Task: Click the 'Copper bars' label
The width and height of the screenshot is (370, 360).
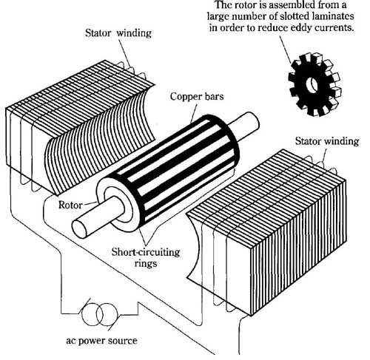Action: tap(197, 96)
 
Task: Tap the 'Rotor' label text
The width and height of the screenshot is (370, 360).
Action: tap(70, 205)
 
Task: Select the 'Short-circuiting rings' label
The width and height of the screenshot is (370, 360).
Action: tap(146, 257)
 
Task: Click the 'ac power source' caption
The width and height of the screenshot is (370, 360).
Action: tap(101, 341)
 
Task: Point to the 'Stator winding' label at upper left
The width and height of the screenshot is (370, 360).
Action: tap(118, 33)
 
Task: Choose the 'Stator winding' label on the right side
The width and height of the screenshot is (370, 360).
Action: tap(327, 141)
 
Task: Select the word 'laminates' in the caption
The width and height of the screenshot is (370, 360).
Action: tap(333, 16)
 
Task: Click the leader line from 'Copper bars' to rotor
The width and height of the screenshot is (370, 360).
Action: tap(194, 112)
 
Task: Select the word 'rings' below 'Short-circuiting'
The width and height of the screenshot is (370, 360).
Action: tap(146, 264)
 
